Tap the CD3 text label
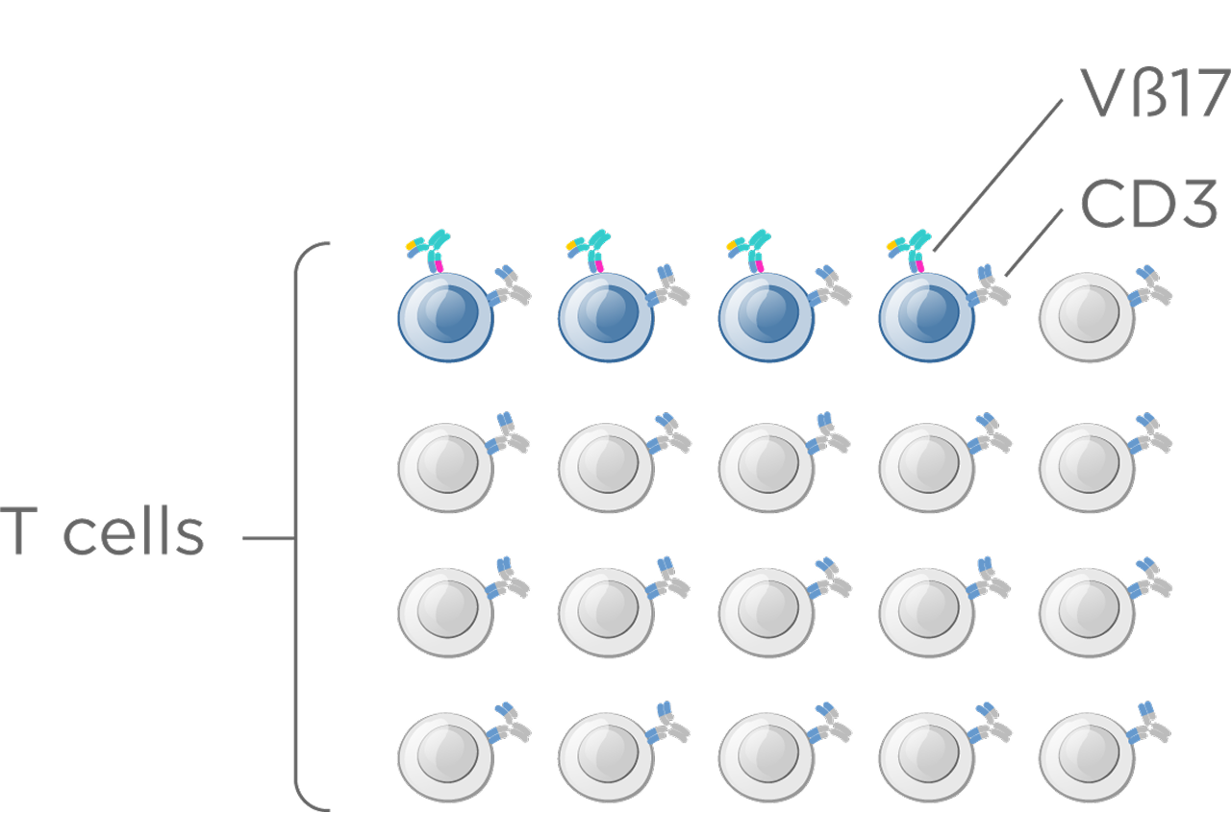coord(1148,204)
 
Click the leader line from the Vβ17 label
coord(998,173)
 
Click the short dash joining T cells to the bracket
coord(267,539)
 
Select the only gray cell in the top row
coord(1087,317)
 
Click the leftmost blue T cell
coord(445,317)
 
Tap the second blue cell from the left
coord(606,317)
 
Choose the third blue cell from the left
coord(766,317)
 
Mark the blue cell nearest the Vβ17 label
coord(926,317)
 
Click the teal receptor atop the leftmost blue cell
coord(429,249)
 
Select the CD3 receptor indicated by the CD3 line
coord(992,285)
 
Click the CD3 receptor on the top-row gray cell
coord(1152,284)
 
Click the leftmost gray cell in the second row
coord(445,466)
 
